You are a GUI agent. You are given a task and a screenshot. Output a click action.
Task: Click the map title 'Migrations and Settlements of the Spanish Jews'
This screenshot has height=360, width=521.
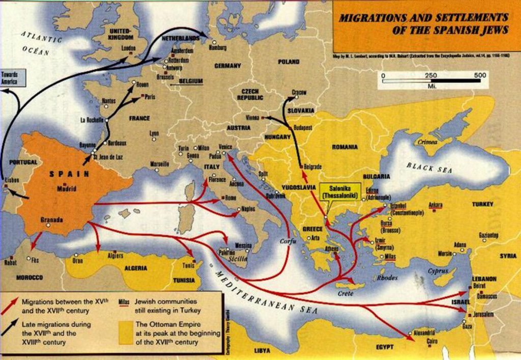(423, 23)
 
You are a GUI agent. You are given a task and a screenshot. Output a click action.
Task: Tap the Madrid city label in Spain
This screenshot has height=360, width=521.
(67, 188)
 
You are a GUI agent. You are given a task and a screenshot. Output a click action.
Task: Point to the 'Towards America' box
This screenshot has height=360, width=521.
(9, 78)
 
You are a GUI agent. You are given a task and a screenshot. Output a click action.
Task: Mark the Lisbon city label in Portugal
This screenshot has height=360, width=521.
(12, 180)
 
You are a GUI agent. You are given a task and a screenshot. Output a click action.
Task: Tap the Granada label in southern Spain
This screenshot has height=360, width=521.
(52, 220)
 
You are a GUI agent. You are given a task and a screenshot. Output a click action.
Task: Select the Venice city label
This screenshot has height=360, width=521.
(225, 147)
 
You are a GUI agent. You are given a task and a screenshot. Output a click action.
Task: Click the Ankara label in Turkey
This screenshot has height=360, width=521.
(436, 205)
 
